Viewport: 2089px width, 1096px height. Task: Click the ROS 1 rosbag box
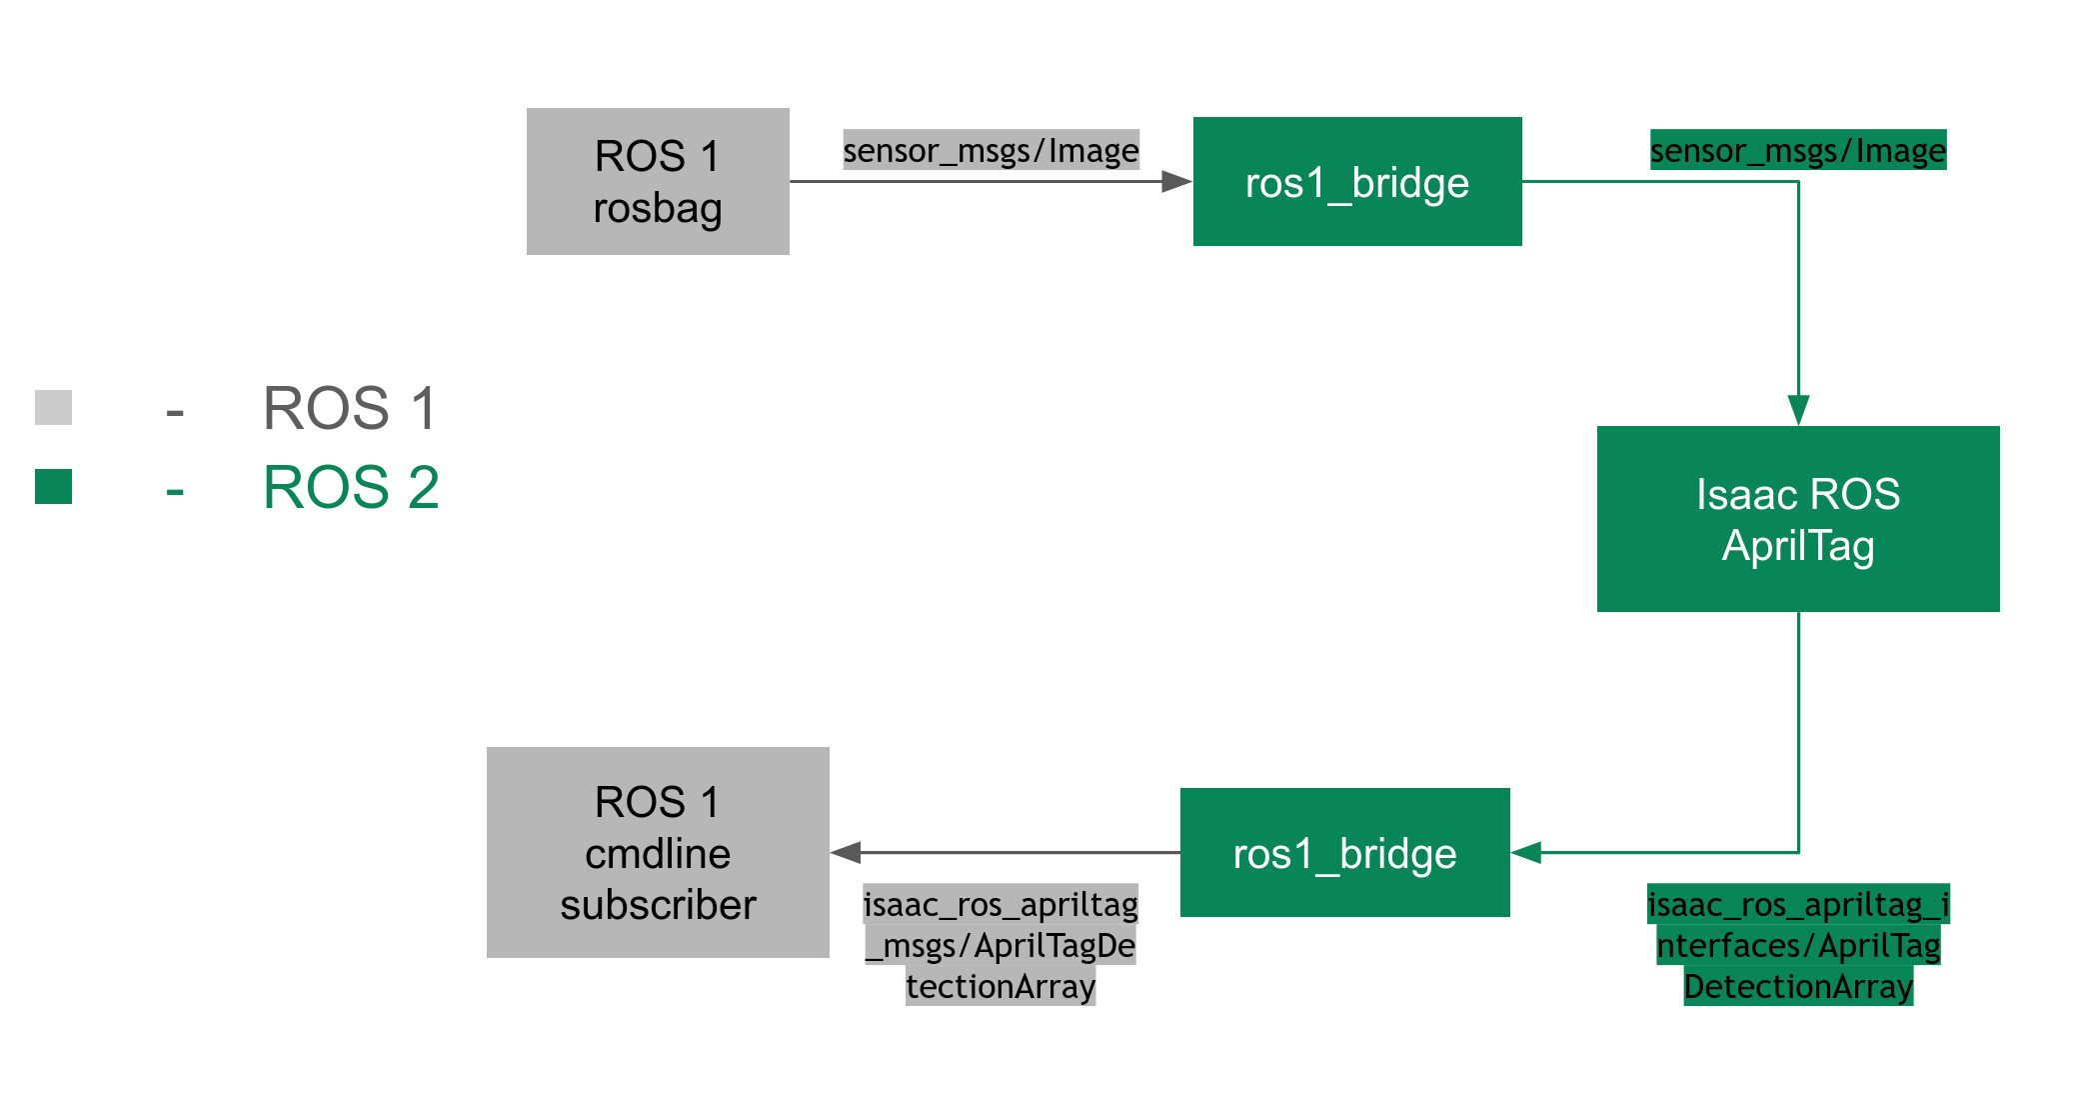657,181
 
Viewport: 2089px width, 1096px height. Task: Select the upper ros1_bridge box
1356,181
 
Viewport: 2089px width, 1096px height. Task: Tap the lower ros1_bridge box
1344,852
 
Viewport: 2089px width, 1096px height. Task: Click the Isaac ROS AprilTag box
1797,518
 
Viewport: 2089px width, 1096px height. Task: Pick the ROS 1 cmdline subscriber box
657,852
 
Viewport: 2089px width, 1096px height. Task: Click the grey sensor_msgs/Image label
991,150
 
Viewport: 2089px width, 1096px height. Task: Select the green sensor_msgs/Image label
1797,150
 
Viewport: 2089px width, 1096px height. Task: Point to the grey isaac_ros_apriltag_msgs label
1000,945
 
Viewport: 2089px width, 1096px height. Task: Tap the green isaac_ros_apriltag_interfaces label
1797,945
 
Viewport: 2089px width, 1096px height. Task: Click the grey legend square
53,407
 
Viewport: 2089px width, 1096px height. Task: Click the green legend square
53,486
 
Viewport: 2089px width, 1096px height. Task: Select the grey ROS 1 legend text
350,408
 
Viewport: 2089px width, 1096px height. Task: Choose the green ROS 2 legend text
350,487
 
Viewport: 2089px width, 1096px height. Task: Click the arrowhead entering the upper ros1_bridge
1176,181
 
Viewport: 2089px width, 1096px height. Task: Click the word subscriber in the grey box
657,905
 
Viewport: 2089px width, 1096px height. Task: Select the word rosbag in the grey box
657,208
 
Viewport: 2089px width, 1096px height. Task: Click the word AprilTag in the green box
1797,546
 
